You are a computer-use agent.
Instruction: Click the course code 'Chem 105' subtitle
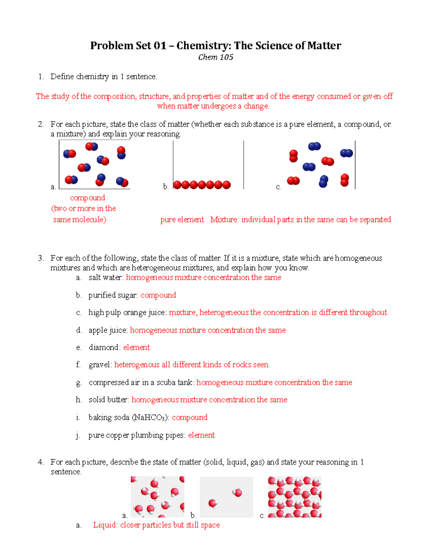point(215,57)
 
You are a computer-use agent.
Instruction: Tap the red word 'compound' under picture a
point(87,198)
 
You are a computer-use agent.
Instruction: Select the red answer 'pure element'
point(182,220)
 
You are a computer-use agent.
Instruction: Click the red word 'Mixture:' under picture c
point(224,220)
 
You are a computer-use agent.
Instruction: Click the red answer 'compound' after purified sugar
point(158,295)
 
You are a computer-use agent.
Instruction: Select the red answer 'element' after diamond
point(136,347)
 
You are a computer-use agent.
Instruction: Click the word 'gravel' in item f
point(99,365)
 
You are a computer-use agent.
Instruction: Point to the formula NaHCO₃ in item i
point(149,418)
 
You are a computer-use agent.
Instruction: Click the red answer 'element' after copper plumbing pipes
point(201,435)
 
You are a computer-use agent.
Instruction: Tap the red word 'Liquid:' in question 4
point(105,525)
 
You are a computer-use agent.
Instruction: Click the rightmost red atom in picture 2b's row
point(227,185)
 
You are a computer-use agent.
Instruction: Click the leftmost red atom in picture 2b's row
point(177,185)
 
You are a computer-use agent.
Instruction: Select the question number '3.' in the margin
point(41,258)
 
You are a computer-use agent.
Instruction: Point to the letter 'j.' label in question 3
point(78,435)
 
